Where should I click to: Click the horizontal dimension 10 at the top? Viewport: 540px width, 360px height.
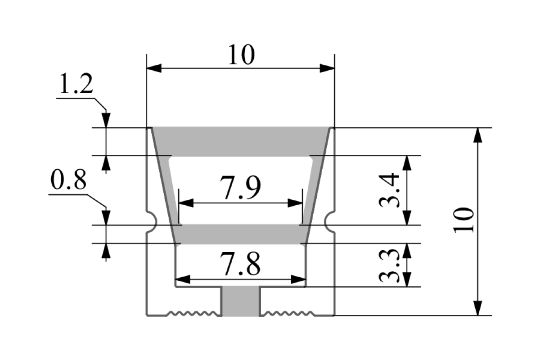click(241, 55)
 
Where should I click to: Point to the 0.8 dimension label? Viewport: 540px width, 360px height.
click(68, 182)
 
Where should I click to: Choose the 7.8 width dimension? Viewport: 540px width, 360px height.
click(240, 265)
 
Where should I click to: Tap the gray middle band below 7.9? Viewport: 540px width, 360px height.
click(241, 234)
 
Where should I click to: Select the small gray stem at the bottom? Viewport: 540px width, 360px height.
click(241, 301)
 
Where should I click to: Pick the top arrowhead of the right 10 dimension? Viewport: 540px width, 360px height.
click(478, 135)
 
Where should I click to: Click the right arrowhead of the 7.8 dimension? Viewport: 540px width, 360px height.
click(299, 279)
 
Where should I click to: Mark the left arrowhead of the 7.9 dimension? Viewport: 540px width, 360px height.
click(186, 203)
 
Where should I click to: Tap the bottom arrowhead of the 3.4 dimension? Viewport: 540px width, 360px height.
click(407, 218)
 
